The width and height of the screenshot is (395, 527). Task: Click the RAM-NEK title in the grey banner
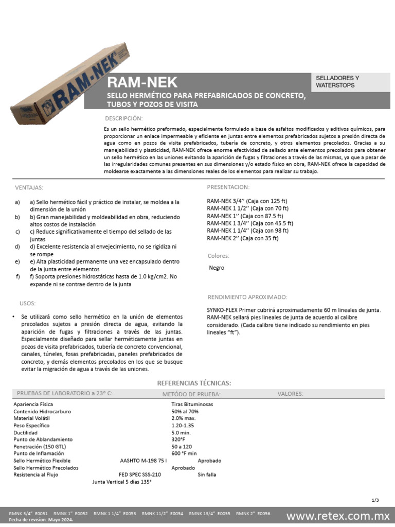click(x=142, y=82)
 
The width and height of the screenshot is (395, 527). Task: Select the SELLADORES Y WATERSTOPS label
click(x=337, y=82)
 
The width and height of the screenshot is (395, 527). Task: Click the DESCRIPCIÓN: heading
click(x=123, y=118)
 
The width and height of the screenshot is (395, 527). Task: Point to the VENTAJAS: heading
click(x=29, y=187)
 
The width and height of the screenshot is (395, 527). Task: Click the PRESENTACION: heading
click(x=228, y=187)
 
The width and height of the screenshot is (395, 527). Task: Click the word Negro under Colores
click(x=217, y=268)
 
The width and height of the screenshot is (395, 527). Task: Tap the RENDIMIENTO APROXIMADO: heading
click(x=247, y=297)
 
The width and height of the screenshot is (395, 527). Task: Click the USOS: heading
click(x=27, y=304)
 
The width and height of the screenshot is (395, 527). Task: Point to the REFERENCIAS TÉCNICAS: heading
click(x=194, y=383)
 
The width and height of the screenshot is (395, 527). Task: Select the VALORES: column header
click(x=290, y=394)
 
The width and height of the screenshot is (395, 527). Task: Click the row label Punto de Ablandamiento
click(x=43, y=440)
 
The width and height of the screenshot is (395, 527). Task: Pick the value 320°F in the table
click(x=178, y=440)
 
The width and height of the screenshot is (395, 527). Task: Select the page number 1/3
click(x=374, y=500)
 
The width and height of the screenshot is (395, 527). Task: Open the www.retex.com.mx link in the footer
click(x=338, y=516)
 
